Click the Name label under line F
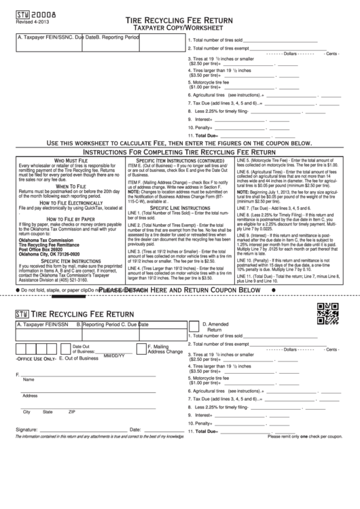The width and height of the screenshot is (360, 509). coord(29,380)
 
